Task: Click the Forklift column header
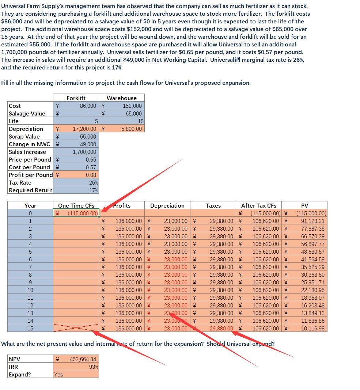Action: coord(76,98)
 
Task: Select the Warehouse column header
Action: coord(121,98)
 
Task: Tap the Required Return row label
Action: coord(30,190)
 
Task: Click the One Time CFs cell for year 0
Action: coord(76,213)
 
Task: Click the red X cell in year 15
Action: coord(76,328)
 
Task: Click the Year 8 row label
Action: coord(30,274)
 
